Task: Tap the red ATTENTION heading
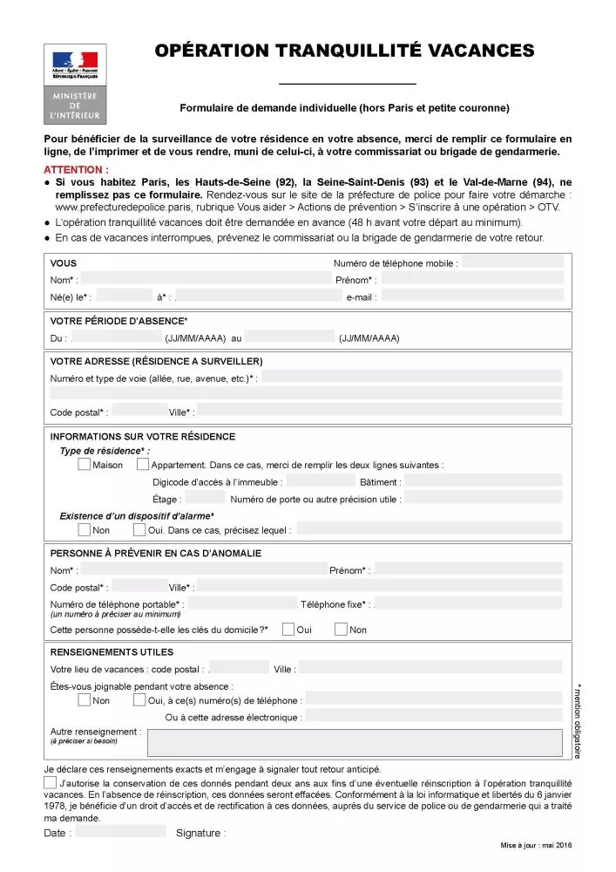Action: [x=76, y=169]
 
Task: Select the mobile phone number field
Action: [x=513, y=262]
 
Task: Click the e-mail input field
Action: [x=471, y=297]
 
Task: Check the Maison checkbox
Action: [x=84, y=465]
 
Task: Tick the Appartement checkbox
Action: [x=143, y=465]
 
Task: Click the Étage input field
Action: [x=206, y=499]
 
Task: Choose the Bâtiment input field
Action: [x=483, y=481]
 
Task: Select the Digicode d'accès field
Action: [x=320, y=481]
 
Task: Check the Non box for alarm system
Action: [x=84, y=529]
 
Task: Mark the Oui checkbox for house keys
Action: [x=288, y=630]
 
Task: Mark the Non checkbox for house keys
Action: [x=341, y=630]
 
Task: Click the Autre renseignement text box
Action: [x=355, y=742]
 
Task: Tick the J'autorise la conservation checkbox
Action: [x=51, y=783]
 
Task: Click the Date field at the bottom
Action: [x=120, y=832]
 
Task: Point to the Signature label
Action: [x=200, y=833]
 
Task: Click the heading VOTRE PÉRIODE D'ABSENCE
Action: [x=118, y=321]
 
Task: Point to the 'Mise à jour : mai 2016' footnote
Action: [x=536, y=845]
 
